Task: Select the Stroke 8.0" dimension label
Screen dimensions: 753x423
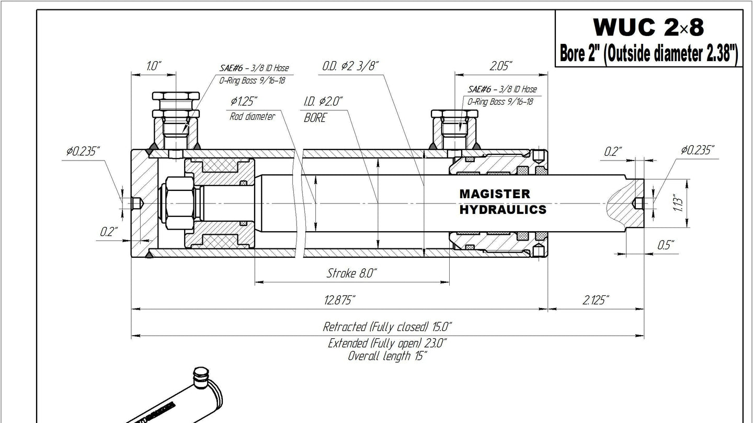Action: [351, 273]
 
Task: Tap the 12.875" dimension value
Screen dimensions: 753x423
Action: [339, 300]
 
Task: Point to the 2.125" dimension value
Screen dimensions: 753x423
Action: [596, 300]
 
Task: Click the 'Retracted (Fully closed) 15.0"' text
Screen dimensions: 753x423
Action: [387, 326]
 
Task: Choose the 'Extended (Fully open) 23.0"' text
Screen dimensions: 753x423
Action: [387, 344]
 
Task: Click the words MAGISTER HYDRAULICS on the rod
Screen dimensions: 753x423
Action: [503, 202]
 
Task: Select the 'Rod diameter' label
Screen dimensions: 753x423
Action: [252, 117]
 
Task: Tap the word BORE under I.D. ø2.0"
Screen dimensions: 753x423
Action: [315, 118]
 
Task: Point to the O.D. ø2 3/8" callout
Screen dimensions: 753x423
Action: [350, 66]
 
